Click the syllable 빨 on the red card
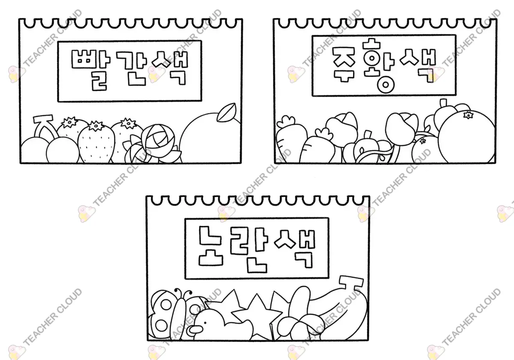click(x=91, y=70)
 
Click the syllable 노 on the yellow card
click(x=210, y=246)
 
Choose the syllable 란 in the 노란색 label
click(x=248, y=250)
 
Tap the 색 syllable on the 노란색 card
click(x=295, y=249)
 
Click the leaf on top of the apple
click(x=227, y=112)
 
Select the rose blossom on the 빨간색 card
click(x=158, y=137)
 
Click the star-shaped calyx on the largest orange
click(x=468, y=115)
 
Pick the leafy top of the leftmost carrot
click(x=285, y=122)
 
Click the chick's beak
click(x=194, y=330)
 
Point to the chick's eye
click(x=205, y=323)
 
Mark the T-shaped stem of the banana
click(x=350, y=283)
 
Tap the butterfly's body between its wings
click(x=180, y=314)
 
